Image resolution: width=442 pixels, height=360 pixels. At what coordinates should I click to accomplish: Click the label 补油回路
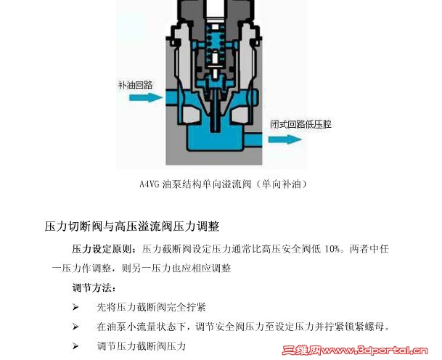pyautogui.click(x=136, y=85)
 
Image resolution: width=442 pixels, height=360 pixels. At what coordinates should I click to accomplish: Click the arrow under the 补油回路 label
pyautogui.click(x=146, y=97)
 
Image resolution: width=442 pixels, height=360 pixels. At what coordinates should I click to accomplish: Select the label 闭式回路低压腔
pyautogui.click(x=300, y=124)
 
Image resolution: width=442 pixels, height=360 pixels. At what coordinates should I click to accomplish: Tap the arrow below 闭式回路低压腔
pyautogui.click(x=285, y=139)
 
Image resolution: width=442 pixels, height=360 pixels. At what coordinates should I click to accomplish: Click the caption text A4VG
pyautogui.click(x=150, y=184)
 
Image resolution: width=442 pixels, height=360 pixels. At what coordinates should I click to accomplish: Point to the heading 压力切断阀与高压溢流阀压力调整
pyautogui.click(x=132, y=226)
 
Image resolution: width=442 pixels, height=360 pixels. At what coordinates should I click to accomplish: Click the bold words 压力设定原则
pyautogui.click(x=102, y=249)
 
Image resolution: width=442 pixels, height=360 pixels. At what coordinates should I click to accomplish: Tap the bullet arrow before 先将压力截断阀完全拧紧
pyautogui.click(x=75, y=307)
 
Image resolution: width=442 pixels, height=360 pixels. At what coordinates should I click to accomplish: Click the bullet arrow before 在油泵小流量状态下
pyautogui.click(x=75, y=327)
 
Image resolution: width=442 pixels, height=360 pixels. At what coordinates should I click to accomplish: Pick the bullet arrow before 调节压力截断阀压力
pyautogui.click(x=75, y=346)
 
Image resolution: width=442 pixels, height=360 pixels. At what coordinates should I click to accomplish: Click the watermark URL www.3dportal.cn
pyautogui.click(x=375, y=351)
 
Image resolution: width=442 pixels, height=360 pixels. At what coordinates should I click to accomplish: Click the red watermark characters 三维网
pyautogui.click(x=302, y=351)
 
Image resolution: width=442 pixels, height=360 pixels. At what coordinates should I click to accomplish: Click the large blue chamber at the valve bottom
pyautogui.click(x=214, y=139)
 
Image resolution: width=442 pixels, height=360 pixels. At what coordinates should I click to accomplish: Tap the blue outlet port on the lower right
pyautogui.click(x=253, y=140)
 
